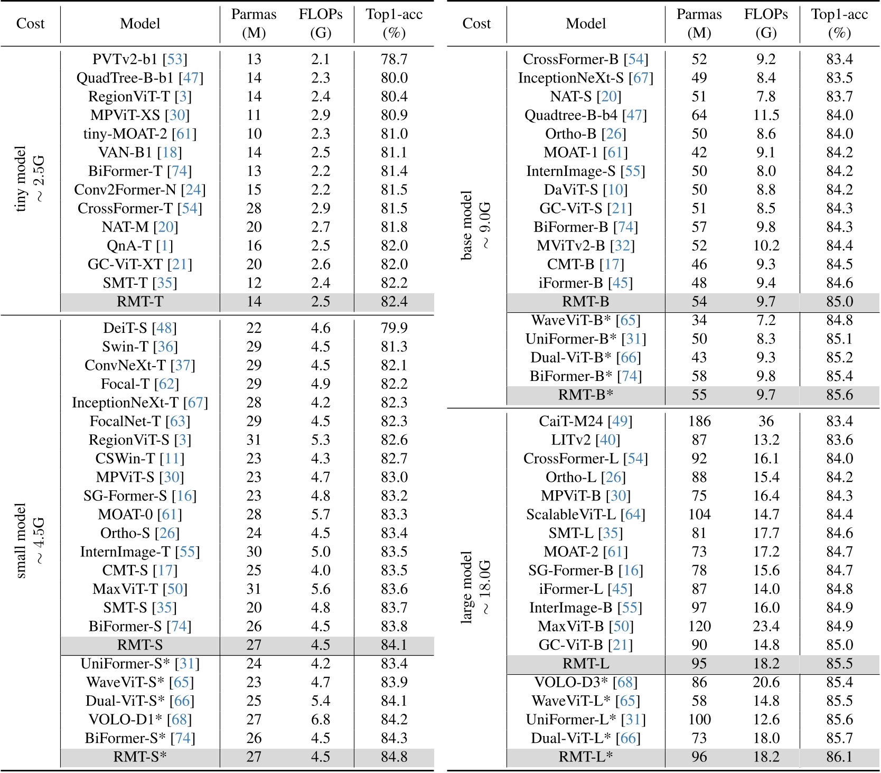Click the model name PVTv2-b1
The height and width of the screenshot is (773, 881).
126,59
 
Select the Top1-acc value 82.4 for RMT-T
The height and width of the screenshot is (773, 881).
394,302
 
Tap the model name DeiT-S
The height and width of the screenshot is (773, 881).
126,328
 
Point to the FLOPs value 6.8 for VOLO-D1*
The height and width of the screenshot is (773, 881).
321,720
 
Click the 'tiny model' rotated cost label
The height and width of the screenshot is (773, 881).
21,179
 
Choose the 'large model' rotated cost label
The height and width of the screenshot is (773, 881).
466,588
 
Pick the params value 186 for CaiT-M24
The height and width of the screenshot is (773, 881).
699,421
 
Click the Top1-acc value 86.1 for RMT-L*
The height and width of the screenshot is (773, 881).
839,757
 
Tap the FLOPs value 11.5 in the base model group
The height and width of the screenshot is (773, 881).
766,115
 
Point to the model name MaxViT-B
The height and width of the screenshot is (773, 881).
570,626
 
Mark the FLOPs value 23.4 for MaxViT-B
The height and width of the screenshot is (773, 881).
766,626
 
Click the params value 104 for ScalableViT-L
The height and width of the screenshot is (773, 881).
699,514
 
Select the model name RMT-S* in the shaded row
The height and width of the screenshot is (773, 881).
140,757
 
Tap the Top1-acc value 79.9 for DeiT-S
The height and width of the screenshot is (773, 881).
394,328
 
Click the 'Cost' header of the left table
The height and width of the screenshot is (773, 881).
30,23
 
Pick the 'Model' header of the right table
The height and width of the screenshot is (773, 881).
586,23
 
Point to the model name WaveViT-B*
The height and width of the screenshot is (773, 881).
571,320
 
